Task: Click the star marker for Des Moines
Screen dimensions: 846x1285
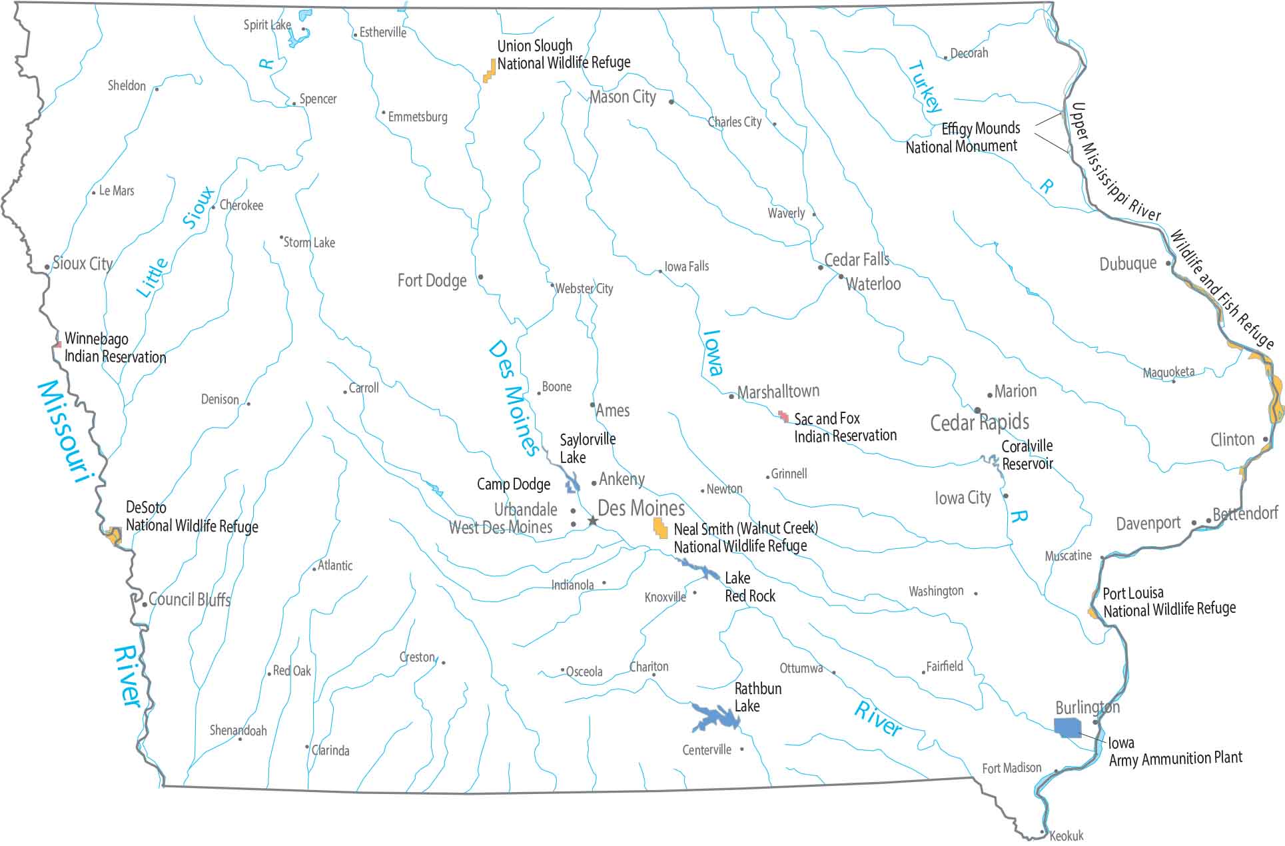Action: click(592, 520)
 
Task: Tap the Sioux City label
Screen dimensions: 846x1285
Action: click(83, 264)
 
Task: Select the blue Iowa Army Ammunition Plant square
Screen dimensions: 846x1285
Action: click(1067, 727)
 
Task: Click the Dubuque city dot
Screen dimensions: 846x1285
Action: click(1168, 263)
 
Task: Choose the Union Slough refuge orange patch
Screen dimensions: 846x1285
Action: click(490, 71)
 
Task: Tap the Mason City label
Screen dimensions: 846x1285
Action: click(623, 97)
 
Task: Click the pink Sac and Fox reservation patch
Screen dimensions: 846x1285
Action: click(784, 416)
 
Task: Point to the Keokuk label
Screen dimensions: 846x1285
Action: click(1067, 835)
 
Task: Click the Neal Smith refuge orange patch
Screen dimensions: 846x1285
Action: click(660, 528)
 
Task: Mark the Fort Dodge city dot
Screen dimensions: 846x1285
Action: click(480, 277)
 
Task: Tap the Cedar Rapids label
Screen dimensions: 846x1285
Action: click(979, 422)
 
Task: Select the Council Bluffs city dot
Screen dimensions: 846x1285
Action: click(145, 604)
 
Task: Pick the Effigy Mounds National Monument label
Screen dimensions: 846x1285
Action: click(962, 137)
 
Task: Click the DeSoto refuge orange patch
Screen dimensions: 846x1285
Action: click(114, 535)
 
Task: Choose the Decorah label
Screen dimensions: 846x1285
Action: click(969, 53)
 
